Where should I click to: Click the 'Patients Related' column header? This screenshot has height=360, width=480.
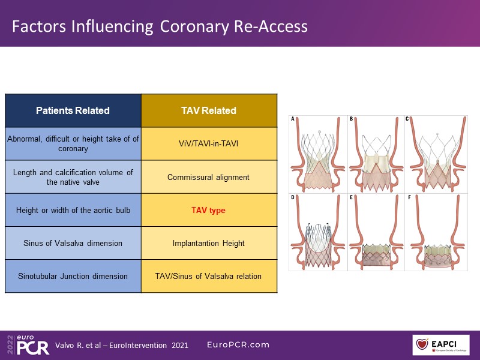pyautogui.click(x=73, y=110)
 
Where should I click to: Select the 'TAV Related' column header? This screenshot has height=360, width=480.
pyautogui.click(x=209, y=110)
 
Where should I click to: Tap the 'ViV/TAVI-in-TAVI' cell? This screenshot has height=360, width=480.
pyautogui.click(x=209, y=144)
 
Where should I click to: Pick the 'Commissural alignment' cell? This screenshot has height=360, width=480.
pyautogui.click(x=209, y=177)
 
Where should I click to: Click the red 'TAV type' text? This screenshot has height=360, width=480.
pyautogui.click(x=209, y=211)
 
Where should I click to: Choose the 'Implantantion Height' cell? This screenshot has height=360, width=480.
pyautogui.click(x=209, y=243)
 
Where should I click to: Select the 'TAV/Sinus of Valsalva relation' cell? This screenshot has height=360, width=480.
pyautogui.click(x=209, y=276)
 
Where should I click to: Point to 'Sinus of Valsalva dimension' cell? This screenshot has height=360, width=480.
pyautogui.click(x=73, y=243)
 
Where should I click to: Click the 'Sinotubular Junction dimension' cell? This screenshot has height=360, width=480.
pyautogui.click(x=73, y=276)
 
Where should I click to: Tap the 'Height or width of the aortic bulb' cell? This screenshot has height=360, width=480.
pyautogui.click(x=73, y=211)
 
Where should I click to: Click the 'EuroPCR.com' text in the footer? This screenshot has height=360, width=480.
pyautogui.click(x=238, y=345)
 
